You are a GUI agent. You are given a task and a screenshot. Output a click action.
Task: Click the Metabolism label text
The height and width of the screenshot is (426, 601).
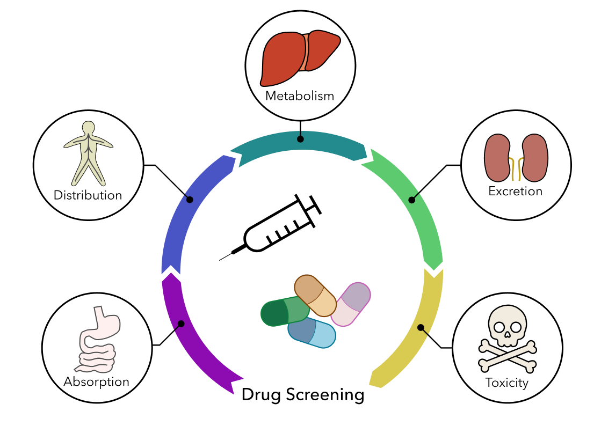point(300,97)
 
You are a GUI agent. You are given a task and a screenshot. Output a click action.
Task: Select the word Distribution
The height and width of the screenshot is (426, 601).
point(88,195)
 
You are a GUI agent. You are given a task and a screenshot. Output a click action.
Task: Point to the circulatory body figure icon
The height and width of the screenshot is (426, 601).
point(88,153)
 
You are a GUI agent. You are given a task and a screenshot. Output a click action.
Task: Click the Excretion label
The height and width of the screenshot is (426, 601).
point(515,191)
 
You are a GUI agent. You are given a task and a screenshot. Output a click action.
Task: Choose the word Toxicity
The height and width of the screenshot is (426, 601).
point(506,383)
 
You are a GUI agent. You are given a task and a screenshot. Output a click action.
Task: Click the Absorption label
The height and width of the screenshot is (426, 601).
point(97,382)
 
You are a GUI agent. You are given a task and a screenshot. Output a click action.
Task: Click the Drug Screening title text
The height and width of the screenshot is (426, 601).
point(303,395)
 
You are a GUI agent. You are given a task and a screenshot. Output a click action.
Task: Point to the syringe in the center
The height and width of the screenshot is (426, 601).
point(274,228)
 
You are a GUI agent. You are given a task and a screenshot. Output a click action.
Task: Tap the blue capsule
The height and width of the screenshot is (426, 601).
point(312,333)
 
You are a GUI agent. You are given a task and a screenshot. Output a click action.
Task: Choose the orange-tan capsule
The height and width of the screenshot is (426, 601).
point(315,295)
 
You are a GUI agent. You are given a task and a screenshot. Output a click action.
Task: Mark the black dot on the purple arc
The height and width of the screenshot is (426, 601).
point(181,324)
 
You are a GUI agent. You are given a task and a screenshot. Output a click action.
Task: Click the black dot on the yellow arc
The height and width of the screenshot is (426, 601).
point(421,327)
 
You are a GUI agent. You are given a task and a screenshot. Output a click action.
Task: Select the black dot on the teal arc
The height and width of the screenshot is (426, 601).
point(300,139)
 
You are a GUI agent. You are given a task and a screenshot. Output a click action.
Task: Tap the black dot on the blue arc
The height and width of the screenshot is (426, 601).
point(189,200)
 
